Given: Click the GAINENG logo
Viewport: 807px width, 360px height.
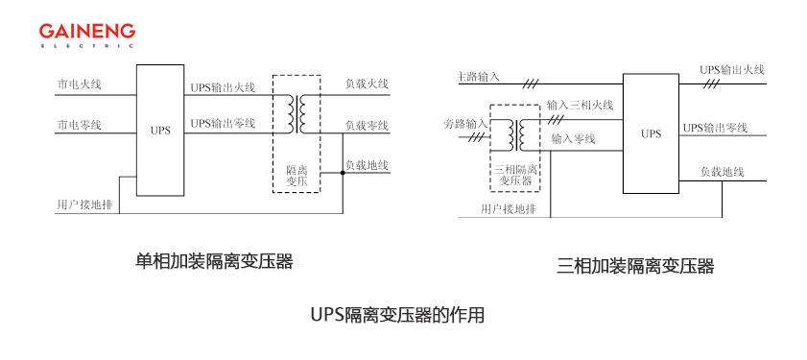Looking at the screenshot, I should (87, 32).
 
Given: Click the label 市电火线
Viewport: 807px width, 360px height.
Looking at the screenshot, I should (79, 84).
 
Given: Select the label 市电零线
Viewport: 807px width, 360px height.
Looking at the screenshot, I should (79, 126).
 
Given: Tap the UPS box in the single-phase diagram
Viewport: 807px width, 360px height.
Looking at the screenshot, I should (160, 131).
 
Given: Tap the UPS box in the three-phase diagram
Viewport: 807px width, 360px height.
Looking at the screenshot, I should (651, 133).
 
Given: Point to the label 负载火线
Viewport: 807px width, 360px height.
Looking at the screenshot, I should (367, 84).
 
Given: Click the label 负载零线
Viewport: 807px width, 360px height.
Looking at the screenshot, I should (367, 126).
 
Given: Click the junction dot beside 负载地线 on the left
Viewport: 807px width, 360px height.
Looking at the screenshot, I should (343, 174).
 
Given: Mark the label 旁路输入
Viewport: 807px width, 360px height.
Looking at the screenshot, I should (465, 125).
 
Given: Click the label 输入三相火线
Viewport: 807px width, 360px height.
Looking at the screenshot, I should (580, 105).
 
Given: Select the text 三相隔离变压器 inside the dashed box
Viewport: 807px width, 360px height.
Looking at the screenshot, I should (515, 175).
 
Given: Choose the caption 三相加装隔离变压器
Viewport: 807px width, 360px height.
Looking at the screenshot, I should (635, 267).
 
